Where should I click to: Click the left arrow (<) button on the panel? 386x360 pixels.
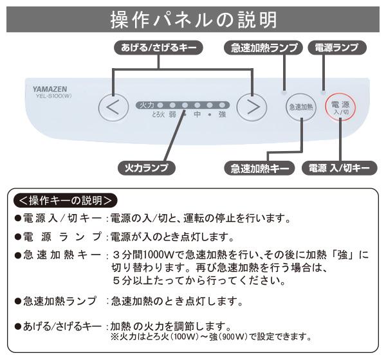tap(113, 107)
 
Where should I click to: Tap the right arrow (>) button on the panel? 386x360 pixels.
tap(252, 107)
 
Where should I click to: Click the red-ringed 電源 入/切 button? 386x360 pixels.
tap(340, 107)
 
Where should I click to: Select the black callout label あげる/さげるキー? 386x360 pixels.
tap(158, 48)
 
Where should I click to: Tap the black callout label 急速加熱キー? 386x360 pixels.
tap(261, 168)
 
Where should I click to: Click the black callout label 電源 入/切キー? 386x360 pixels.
tap(339, 168)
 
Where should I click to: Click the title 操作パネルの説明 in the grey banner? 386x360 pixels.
tap(193, 19)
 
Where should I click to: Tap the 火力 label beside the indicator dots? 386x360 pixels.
tap(147, 104)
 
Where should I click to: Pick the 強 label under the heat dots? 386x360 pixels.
tap(222, 115)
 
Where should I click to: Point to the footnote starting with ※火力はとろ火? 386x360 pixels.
tap(212, 336)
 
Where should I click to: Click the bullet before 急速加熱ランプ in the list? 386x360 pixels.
tap(18, 301)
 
